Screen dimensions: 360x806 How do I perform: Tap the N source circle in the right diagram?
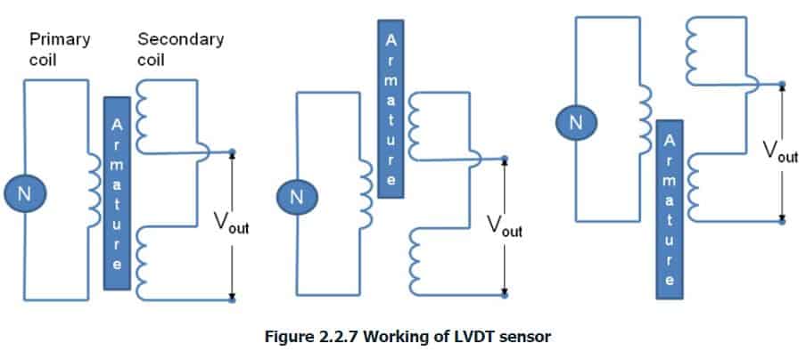(x=575, y=122)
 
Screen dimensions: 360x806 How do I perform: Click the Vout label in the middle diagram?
(x=505, y=225)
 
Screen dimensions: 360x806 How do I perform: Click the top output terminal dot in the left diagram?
(x=231, y=151)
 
